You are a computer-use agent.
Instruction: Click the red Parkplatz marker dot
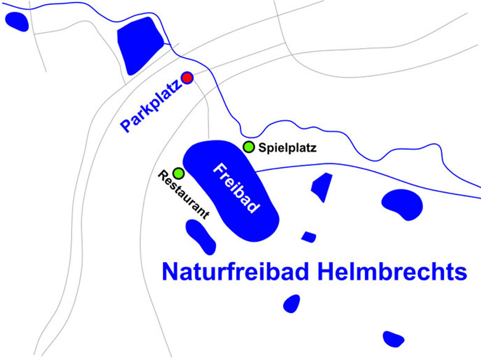pyautogui.click(x=187, y=78)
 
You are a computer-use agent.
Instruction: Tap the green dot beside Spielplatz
pyautogui.click(x=249, y=147)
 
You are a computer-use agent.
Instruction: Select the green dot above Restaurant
pyautogui.click(x=178, y=173)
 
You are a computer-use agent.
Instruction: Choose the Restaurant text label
pyautogui.click(x=184, y=195)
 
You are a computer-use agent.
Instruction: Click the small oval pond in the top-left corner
pyautogui.click(x=17, y=21)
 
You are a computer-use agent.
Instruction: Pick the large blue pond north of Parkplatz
pyautogui.click(x=140, y=44)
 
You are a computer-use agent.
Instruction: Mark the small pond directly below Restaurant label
pyautogui.click(x=200, y=235)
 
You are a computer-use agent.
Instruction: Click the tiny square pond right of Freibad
pyautogui.click(x=308, y=237)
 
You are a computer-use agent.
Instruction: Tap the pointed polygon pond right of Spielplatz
pyautogui.click(x=322, y=187)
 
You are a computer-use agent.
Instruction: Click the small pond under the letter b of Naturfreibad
pyautogui.click(x=291, y=303)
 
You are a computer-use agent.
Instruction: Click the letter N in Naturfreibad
pyautogui.click(x=170, y=272)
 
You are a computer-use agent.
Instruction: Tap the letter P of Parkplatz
pyautogui.click(x=128, y=126)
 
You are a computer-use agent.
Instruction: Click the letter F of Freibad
pyautogui.click(x=219, y=168)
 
